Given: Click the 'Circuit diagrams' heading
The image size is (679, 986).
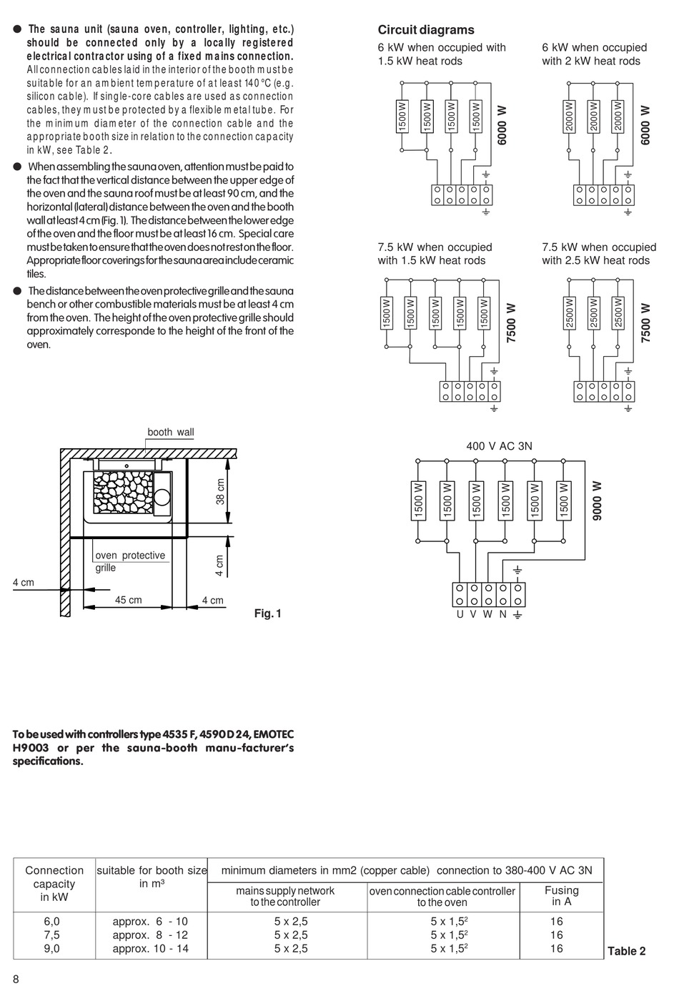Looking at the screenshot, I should [425, 30].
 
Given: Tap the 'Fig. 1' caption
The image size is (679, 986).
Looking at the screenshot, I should [268, 613].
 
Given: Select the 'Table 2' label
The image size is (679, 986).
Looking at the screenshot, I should [626, 951].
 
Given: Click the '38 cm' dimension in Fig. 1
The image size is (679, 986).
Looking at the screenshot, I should [220, 491].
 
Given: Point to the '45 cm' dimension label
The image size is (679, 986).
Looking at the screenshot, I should [129, 600].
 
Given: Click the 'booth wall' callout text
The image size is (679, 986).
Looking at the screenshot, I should [170, 433].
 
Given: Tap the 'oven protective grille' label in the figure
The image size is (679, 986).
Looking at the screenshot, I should [129, 561].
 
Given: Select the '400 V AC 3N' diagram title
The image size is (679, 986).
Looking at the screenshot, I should [499, 446].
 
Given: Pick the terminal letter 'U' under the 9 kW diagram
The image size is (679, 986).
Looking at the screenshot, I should [460, 614].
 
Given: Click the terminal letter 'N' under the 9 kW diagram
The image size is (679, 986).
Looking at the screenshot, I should [502, 614].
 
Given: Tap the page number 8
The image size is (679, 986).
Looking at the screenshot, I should [16, 979].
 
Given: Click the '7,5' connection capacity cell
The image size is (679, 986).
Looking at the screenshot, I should [51, 935].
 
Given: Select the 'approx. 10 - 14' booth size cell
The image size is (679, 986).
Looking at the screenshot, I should [150, 949].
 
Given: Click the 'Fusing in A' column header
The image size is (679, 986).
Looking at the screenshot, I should [561, 896].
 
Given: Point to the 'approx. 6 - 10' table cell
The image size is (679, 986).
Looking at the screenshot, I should [150, 922].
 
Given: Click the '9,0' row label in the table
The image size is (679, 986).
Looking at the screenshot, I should [51, 949].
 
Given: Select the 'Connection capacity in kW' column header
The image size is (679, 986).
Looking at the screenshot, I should [54, 884].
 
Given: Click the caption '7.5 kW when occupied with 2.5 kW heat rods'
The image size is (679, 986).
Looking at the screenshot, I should [598, 254].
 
